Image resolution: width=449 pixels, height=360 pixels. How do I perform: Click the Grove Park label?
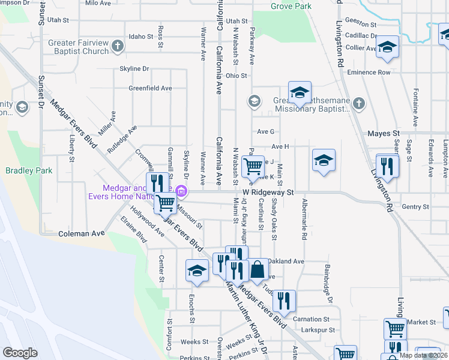[x=291, y=6]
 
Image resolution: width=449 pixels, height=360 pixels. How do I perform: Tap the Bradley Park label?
[x=29, y=170]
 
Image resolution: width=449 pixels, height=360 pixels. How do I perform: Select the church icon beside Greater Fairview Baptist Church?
[x=118, y=45]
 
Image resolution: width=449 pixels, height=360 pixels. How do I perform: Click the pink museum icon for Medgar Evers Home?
[x=182, y=192]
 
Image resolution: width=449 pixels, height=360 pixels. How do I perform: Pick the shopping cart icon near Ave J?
[x=252, y=166]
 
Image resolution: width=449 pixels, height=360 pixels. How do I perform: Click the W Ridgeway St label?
[x=268, y=193]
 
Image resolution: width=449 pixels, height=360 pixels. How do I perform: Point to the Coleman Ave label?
[x=82, y=233]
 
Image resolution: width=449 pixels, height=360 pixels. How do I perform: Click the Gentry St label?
[x=415, y=206]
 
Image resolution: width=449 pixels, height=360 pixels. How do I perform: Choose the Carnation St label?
[x=312, y=319]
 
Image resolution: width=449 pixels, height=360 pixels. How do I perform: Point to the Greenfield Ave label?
[x=150, y=88]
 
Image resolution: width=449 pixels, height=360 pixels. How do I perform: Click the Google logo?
[x=20, y=353]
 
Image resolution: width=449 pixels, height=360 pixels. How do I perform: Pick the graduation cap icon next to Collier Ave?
[x=388, y=47]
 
